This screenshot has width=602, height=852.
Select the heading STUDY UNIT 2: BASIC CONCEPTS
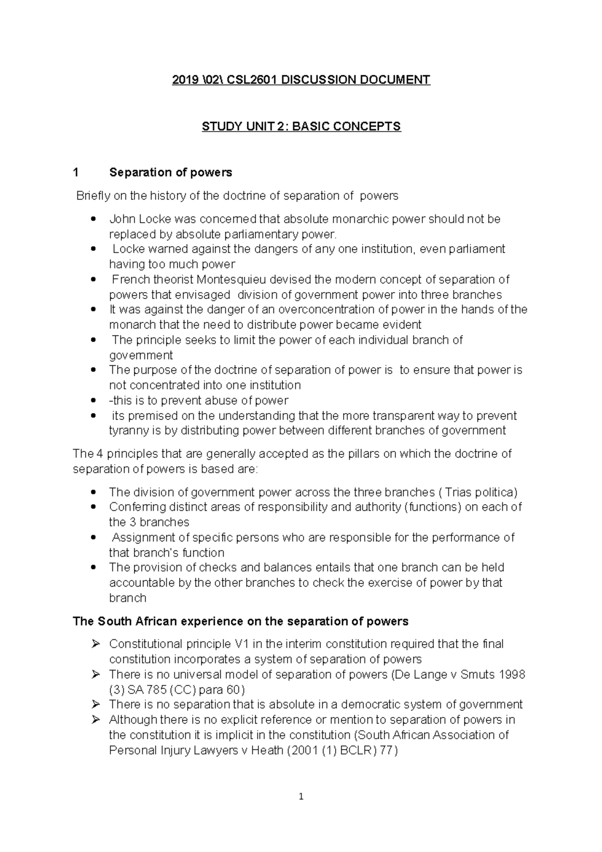point(301,126)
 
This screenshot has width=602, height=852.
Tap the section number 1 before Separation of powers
point(76,173)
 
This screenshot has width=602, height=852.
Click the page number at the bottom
point(301,796)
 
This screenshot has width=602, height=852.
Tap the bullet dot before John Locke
point(93,220)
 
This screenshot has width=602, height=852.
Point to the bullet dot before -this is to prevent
point(93,401)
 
